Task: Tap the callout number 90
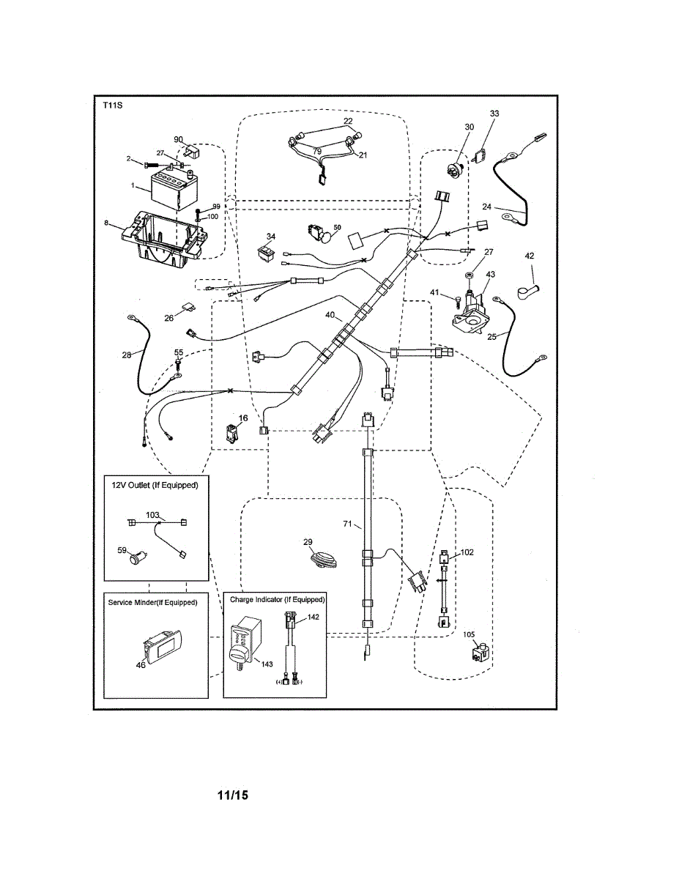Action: [x=178, y=139]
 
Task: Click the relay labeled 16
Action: [x=232, y=433]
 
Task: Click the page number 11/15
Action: [x=233, y=795]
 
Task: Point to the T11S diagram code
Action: [x=113, y=106]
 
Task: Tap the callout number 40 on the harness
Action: [x=330, y=316]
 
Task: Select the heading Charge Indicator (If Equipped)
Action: [x=277, y=599]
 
